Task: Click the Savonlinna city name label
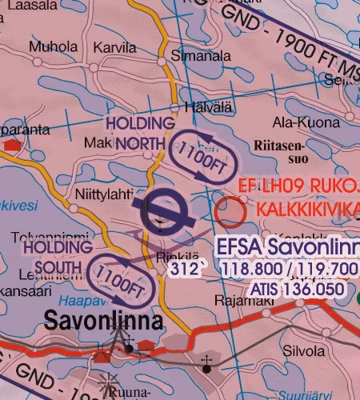pyautogui.click(x=104, y=322)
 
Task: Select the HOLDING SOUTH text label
pyautogui.click(x=58, y=257)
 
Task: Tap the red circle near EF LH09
pyautogui.click(x=230, y=211)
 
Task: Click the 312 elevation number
pyautogui.click(x=183, y=270)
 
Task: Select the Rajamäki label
pyautogui.click(x=240, y=301)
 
